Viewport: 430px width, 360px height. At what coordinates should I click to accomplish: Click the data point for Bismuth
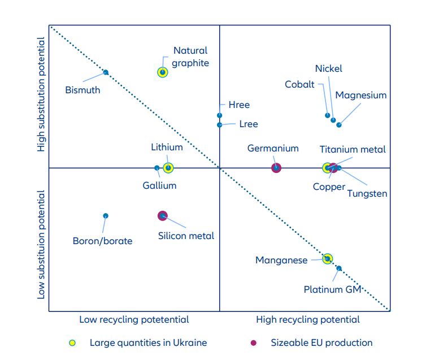(x=106, y=72)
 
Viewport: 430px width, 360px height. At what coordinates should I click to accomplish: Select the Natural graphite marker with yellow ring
(x=162, y=72)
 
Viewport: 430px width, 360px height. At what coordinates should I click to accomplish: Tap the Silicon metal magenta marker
(x=163, y=215)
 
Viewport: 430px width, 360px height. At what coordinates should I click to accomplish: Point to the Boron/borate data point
(x=106, y=216)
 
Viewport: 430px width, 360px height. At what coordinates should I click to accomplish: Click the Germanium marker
(x=276, y=168)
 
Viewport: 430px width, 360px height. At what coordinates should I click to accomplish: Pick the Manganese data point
(x=327, y=259)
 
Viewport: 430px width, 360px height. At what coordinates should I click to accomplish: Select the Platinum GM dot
(x=339, y=268)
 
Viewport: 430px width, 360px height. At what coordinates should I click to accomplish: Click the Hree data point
(x=220, y=115)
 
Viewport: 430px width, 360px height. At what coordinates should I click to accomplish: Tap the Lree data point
(x=220, y=125)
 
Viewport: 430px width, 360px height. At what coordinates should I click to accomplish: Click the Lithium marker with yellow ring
(x=168, y=168)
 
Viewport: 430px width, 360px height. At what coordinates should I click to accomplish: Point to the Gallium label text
(x=159, y=185)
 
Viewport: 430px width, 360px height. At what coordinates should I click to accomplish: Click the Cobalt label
(x=299, y=84)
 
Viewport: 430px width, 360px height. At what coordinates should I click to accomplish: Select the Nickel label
(x=328, y=69)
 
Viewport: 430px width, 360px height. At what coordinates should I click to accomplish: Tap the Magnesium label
(x=360, y=95)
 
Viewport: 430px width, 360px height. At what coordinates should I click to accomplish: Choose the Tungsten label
(x=367, y=193)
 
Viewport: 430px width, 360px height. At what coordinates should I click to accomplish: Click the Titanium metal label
(x=353, y=149)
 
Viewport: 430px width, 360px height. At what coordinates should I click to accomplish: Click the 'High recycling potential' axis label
(x=307, y=320)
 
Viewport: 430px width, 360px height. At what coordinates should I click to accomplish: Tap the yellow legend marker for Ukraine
(x=72, y=343)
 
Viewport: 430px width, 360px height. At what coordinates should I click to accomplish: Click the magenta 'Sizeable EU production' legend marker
(x=254, y=343)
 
